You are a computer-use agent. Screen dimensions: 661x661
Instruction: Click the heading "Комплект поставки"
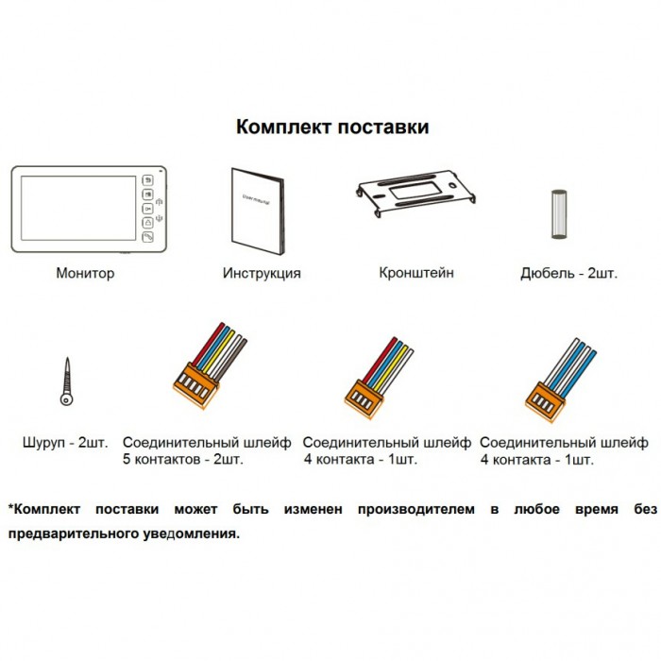coord(332,127)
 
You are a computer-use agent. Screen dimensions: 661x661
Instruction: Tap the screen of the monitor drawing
coord(78,209)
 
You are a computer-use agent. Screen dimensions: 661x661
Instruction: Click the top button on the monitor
coord(147,180)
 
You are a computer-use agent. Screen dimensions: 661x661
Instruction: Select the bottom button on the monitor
coord(147,237)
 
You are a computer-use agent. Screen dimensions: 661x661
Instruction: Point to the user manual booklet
coord(258,212)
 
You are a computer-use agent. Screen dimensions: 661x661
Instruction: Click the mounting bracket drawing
coord(415,193)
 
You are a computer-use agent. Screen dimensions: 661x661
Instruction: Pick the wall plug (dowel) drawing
coord(559,214)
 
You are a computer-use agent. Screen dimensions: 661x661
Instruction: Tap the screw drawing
coord(67,381)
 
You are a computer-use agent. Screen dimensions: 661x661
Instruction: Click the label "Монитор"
coord(85,273)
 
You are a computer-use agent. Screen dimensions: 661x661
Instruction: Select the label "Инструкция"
coord(262,273)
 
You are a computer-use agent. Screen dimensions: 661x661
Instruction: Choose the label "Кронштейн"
coord(416,273)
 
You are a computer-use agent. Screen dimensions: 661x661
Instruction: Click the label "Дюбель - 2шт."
coord(569,273)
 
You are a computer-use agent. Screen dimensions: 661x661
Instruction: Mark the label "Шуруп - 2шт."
coord(65,443)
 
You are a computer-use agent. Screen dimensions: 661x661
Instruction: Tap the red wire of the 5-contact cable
coord(209,345)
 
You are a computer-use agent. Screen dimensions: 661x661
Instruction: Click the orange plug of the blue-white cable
coord(545,400)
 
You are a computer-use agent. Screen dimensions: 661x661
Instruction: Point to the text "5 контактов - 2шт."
coord(183,459)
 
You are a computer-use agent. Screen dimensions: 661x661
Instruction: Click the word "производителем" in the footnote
coord(416,510)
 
